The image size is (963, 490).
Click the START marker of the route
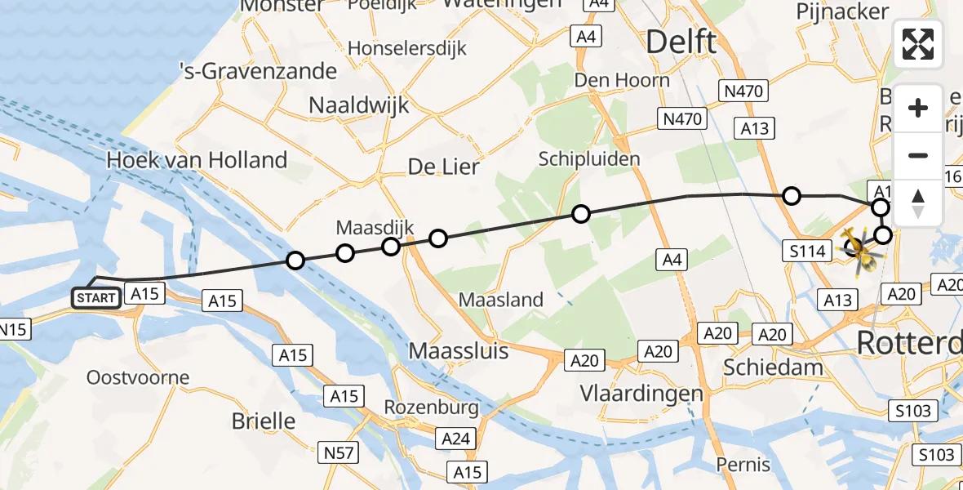[96, 298]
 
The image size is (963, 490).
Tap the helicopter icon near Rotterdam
[859, 247]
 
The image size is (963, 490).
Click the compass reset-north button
[918, 203]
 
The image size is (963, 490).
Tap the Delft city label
[681, 42]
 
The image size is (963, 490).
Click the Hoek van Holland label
[197, 160]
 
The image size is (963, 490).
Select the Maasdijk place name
[375, 227]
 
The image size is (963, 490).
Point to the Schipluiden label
[589, 158]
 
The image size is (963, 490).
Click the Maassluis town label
[458, 352]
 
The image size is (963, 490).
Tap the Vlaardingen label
[641, 394]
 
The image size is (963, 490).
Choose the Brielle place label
[264, 421]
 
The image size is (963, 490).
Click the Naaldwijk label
[359, 105]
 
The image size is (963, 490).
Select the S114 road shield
[806, 252]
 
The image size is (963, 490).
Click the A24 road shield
[455, 439]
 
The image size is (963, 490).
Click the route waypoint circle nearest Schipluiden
[580, 214]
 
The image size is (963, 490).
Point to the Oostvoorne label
[138, 378]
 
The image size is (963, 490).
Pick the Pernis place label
[743, 465]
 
